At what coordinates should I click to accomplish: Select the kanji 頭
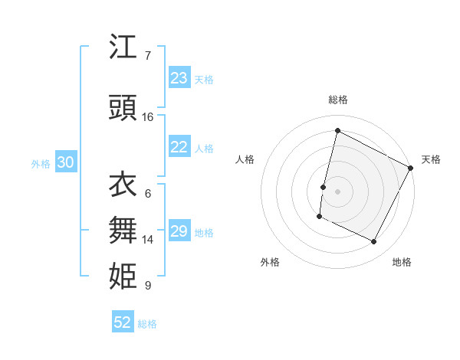123,109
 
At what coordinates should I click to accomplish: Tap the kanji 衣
123,185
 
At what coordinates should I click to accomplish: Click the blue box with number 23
179,78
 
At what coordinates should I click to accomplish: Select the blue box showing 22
179,148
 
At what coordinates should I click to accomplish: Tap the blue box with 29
179,231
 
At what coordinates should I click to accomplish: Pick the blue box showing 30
65,163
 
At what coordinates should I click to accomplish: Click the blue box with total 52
123,322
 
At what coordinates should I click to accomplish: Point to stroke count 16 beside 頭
148,117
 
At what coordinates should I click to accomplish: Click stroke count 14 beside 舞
148,240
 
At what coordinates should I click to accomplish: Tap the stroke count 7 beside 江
147,56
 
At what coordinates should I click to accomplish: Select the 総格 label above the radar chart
337,100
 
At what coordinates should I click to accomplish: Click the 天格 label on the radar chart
431,159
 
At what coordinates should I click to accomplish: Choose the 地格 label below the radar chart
402,262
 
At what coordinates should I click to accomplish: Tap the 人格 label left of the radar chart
245,159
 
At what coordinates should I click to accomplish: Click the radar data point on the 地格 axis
374,242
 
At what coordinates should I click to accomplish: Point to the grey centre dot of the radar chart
337,191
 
